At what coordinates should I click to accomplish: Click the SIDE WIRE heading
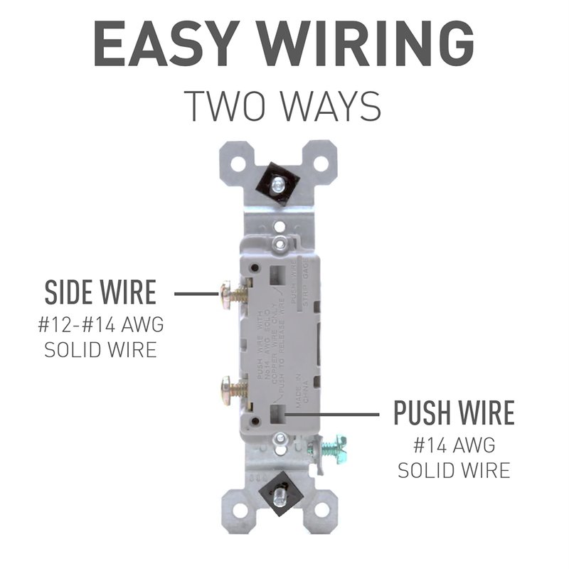point(100,293)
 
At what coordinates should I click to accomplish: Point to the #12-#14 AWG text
point(100,326)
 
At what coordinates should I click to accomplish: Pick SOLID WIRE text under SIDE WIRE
point(100,350)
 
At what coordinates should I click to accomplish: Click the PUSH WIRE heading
point(454,413)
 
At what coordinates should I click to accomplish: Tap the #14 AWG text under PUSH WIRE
point(454,446)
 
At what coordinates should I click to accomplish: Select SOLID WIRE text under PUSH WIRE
point(454,470)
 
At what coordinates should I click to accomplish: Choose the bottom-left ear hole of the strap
point(239,509)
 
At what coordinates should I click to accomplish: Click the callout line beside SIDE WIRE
point(196,293)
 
